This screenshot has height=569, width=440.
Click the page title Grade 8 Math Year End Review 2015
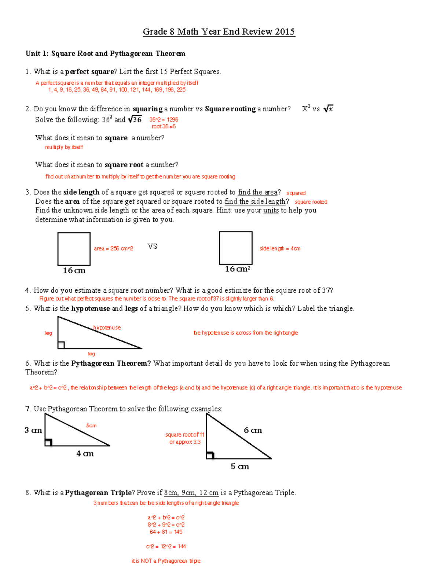(x=219, y=32)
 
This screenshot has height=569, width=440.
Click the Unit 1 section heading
(x=105, y=53)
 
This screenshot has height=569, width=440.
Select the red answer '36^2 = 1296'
(x=164, y=119)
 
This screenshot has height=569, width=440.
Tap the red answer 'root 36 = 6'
(x=164, y=126)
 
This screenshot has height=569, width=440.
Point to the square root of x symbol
(x=328, y=109)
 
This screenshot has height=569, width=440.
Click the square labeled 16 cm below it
(x=74, y=249)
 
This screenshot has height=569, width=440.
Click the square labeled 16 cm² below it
(x=235, y=248)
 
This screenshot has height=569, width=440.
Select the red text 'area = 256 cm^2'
(x=113, y=248)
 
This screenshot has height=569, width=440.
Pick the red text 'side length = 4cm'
(x=280, y=248)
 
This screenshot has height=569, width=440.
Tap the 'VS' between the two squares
(x=152, y=246)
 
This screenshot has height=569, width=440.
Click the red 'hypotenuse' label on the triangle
(x=107, y=328)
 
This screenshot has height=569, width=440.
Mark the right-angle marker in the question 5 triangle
(x=61, y=345)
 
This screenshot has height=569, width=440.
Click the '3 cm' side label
(x=33, y=430)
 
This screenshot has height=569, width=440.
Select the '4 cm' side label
(x=85, y=454)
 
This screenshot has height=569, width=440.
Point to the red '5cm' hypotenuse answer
(x=91, y=425)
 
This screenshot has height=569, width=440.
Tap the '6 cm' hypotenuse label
(x=253, y=430)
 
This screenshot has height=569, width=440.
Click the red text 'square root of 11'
(x=184, y=435)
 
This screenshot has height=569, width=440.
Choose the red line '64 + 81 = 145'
(x=166, y=532)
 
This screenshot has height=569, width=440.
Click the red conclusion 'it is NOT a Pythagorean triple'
(x=166, y=561)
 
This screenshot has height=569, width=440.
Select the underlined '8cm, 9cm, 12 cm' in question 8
(x=191, y=493)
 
